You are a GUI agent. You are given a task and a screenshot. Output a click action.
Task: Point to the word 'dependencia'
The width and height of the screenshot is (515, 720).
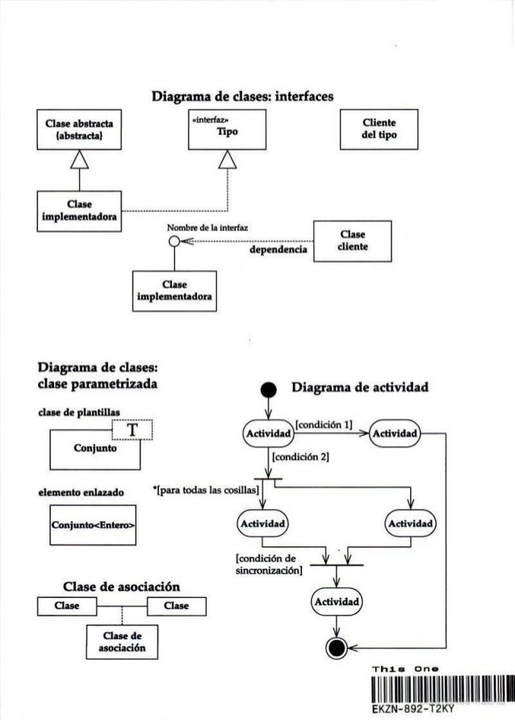pyautogui.click(x=281, y=252)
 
